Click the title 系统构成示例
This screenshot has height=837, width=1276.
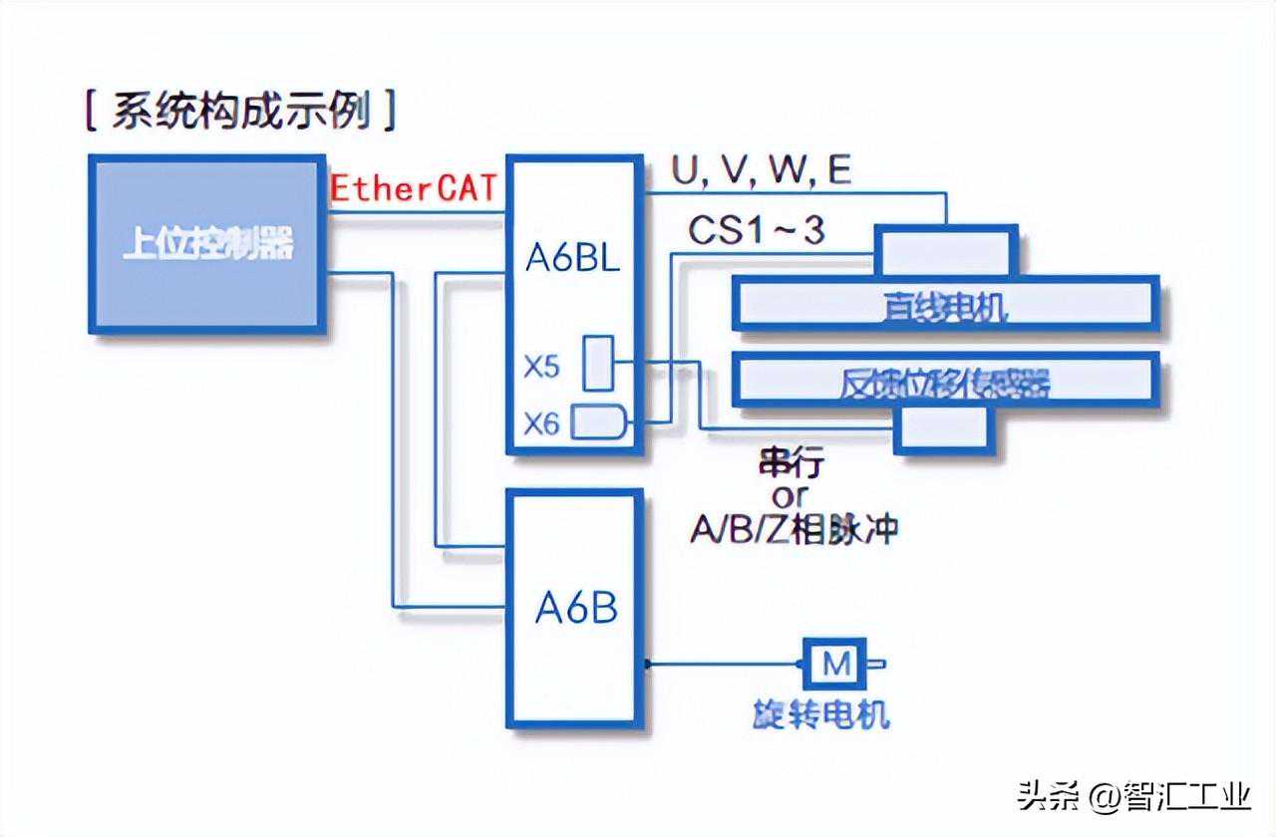[x=240, y=112]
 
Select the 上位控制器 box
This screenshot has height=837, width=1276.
[x=207, y=243]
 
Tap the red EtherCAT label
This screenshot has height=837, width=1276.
[x=413, y=188]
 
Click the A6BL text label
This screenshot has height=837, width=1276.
[x=572, y=258]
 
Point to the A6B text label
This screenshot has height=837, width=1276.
[x=576, y=607]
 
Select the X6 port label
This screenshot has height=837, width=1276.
[x=542, y=425]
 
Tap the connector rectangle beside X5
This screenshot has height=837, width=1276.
[x=598, y=364]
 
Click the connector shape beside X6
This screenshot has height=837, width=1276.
[x=598, y=422]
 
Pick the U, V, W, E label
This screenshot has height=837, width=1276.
[x=762, y=170]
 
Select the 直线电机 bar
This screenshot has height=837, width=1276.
[x=945, y=304]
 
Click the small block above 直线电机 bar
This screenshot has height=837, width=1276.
[x=945, y=249]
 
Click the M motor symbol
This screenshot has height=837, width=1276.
[x=836, y=663]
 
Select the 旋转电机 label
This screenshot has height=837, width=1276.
[x=820, y=714]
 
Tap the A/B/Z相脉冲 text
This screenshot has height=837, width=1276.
[x=794, y=530]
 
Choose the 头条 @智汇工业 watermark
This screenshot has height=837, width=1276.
[x=1133, y=796]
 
